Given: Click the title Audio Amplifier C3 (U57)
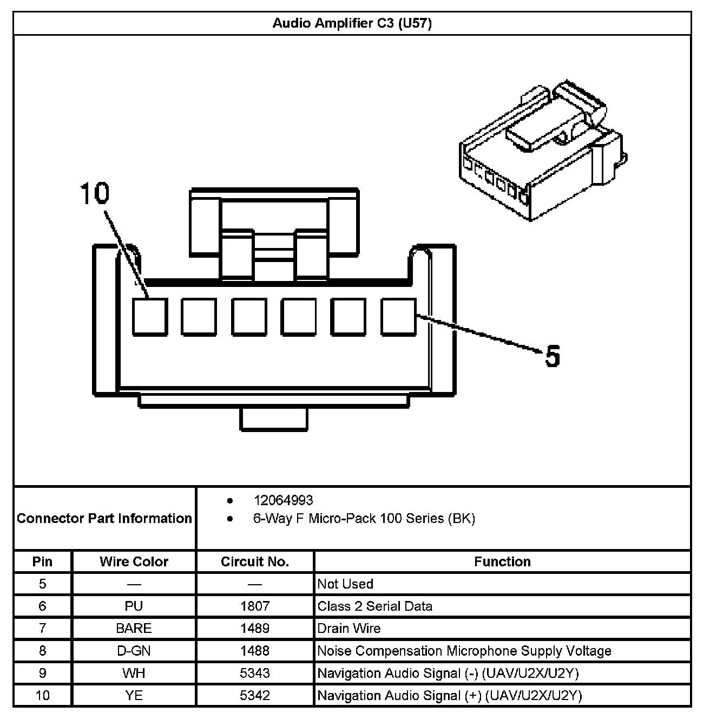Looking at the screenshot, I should coord(352,24).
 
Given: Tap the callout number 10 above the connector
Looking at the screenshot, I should coord(95,194).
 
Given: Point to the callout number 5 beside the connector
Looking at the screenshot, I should coord(552,356).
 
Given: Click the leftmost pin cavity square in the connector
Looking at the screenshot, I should coord(149,317).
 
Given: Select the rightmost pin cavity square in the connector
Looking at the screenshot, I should coord(399,317).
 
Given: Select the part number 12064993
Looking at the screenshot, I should coord(283,500).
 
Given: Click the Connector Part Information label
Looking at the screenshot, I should coord(104,519).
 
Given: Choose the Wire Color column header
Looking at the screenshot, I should coord(134,562).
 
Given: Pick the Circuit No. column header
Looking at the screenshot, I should coord(255,562).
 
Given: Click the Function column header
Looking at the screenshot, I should coord(502,562).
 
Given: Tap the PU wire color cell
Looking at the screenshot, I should coord(134,606).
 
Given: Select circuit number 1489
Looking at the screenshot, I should coord(255,629).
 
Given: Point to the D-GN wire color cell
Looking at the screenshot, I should coord(134,651).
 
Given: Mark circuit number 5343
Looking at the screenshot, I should coord(255,674).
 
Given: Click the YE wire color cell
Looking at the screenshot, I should coord(134,696).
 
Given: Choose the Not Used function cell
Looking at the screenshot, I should coord(345,584).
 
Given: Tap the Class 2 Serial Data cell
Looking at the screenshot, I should coord(375,606).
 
